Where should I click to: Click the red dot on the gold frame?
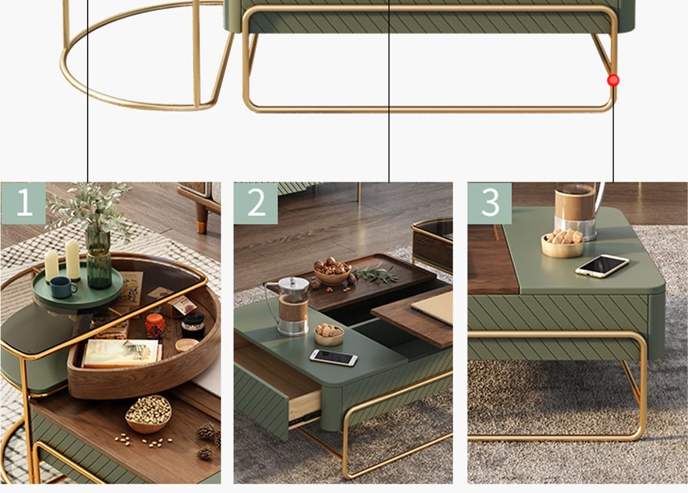613,80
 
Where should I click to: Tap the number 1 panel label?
24,203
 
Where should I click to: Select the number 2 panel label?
256,203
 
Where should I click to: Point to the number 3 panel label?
490,203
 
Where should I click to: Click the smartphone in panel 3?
602,266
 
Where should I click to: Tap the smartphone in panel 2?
334,358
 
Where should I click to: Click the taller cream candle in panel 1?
73,260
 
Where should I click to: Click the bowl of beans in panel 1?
148,414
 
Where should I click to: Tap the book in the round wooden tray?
122,353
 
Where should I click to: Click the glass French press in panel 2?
290,306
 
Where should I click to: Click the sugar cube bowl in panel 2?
329,334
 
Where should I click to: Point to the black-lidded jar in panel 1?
193,326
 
